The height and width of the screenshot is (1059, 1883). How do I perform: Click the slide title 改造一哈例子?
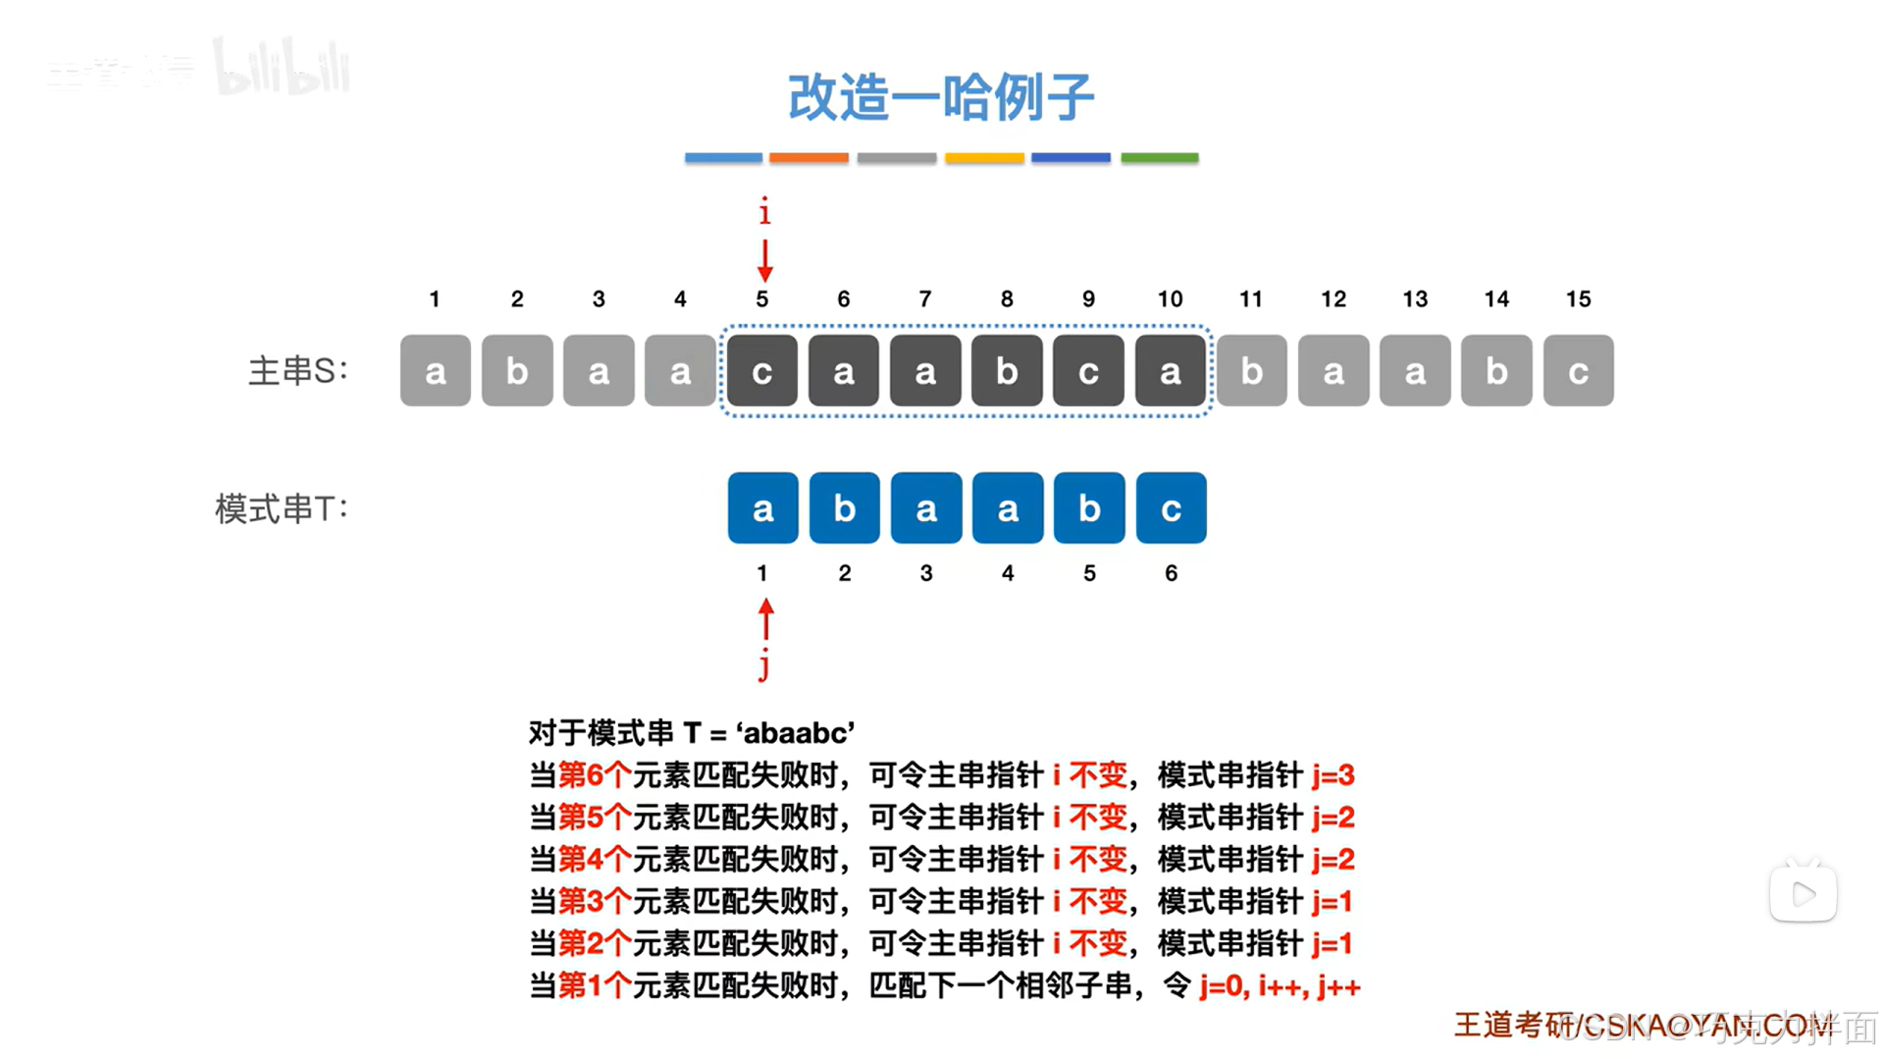(x=940, y=97)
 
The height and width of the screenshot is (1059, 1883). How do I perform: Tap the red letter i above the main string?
(x=764, y=211)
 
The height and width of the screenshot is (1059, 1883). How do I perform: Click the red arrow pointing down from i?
(x=764, y=260)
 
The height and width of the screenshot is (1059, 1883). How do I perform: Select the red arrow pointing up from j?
(x=765, y=619)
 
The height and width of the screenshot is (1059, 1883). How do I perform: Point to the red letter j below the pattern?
(x=764, y=664)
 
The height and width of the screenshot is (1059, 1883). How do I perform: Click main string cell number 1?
(x=435, y=371)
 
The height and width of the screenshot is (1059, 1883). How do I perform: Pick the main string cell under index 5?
(x=761, y=371)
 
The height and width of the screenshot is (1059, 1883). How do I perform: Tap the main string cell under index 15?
(x=1578, y=371)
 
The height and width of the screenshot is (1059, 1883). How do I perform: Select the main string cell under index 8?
(x=1007, y=371)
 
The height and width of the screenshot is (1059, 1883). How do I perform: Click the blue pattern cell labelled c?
(x=1171, y=508)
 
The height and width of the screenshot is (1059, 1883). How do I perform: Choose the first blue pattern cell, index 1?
(x=762, y=508)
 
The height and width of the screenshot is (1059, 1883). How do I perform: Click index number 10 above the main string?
(x=1170, y=299)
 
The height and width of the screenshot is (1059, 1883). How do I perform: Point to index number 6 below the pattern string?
(x=1171, y=573)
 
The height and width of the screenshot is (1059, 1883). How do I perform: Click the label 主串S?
(x=297, y=371)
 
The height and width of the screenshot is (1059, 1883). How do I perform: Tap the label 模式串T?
(x=282, y=508)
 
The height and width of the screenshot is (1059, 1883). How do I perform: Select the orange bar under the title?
(x=809, y=157)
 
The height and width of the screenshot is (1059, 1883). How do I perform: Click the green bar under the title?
(x=1159, y=157)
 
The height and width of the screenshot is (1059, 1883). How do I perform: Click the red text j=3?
(x=1333, y=775)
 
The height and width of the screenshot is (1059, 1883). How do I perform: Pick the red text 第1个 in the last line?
(x=595, y=985)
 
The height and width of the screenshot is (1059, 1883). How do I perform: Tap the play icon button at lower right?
(x=1803, y=894)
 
